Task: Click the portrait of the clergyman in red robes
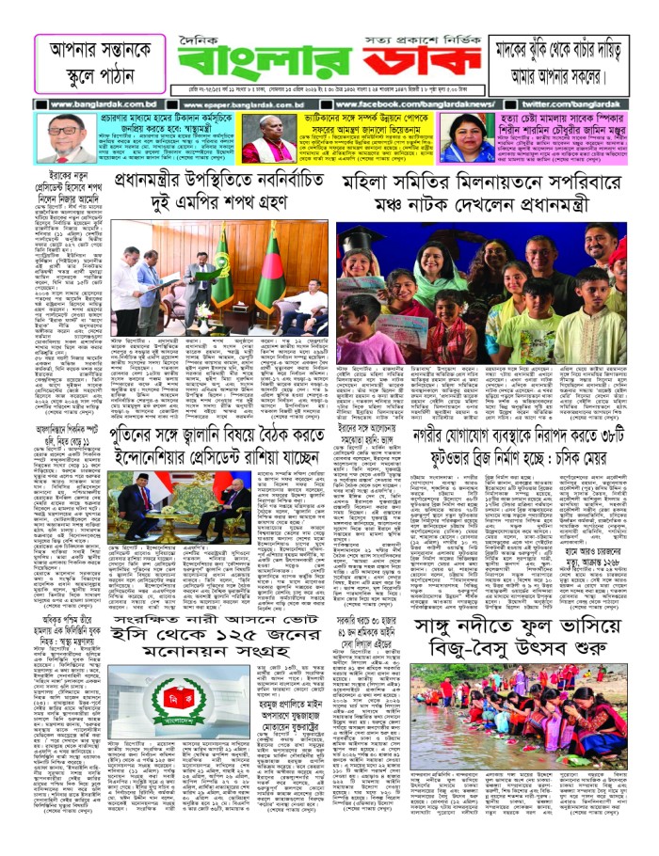point(267,139)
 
